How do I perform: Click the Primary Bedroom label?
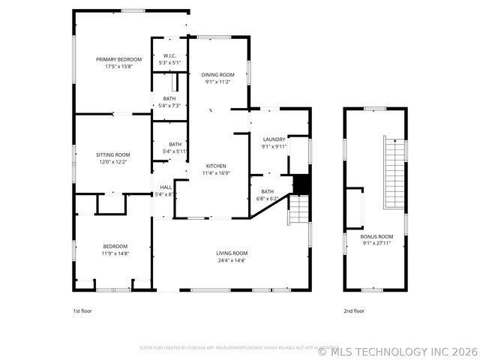[x=118, y=59]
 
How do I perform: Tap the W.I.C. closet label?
[x=169, y=55]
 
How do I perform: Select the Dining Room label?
[x=217, y=74]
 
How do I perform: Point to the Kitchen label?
[x=216, y=166]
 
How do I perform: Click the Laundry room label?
[x=274, y=139]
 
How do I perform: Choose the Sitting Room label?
[x=112, y=154]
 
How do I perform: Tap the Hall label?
[x=166, y=187]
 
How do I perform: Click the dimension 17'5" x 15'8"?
[x=118, y=67]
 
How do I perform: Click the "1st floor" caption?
[x=82, y=310]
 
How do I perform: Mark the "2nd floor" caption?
[x=354, y=310]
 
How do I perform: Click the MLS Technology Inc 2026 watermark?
[x=397, y=351]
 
